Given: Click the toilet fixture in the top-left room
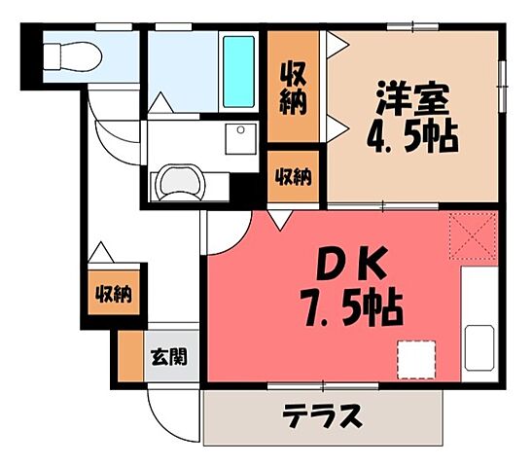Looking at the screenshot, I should [x=73, y=57].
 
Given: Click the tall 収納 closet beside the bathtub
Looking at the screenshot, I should [x=293, y=88].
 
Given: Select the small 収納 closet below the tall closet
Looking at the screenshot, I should [x=293, y=177].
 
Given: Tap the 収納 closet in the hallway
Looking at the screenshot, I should [x=112, y=293].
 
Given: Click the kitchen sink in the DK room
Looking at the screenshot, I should [x=479, y=346].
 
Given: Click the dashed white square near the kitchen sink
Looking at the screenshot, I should [x=415, y=357].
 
